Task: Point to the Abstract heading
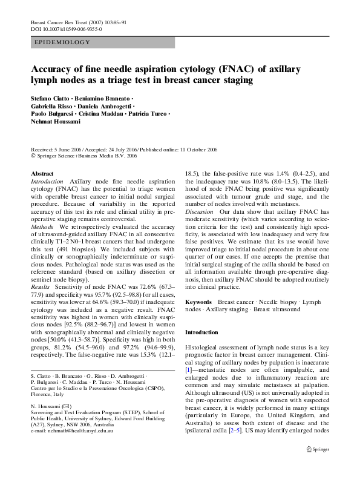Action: coord(42,174)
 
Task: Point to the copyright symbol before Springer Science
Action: coord(33,154)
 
